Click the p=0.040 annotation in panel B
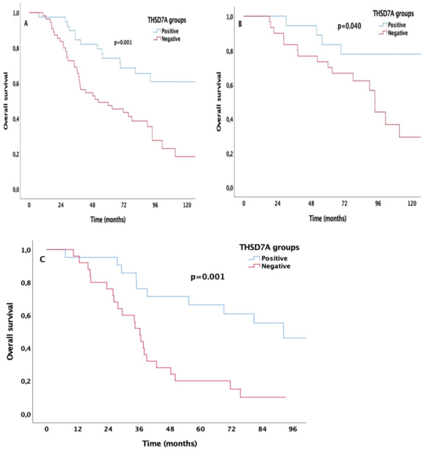(349, 27)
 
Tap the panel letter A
(26, 24)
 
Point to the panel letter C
(42, 260)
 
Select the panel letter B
(240, 24)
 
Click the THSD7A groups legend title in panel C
(269, 248)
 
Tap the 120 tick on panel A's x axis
(187, 205)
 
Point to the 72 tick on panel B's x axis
(344, 203)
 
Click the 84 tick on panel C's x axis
(262, 429)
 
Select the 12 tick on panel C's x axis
(77, 429)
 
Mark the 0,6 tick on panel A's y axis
(16, 84)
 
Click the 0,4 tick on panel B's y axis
(230, 120)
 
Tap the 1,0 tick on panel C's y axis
(26, 250)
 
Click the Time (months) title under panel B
(328, 218)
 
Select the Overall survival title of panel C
(10, 331)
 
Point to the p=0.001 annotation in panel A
(123, 42)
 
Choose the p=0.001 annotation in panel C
(208, 277)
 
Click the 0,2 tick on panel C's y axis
(26, 382)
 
